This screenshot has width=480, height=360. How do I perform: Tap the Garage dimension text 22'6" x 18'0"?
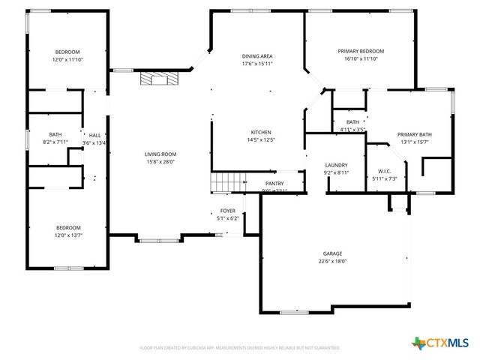[332, 262]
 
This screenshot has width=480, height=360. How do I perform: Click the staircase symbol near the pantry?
[227, 182]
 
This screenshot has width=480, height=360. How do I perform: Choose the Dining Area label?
[256, 56]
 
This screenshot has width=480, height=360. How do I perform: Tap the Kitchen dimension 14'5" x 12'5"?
[261, 140]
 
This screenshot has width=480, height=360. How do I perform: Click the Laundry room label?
[336, 165]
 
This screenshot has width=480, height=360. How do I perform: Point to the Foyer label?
[227, 211]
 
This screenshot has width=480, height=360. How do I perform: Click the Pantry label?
[274, 183]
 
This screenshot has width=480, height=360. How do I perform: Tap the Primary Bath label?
[414, 135]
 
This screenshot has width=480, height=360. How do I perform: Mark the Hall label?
[94, 136]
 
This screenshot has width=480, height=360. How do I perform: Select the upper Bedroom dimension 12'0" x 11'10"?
[67, 59]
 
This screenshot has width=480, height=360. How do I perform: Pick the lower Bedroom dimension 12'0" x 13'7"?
[67, 235]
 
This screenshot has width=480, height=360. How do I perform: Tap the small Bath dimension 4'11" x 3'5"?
[352, 130]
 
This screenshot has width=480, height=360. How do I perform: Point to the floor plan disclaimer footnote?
[240, 348]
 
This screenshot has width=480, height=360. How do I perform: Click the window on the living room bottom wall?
[159, 240]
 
